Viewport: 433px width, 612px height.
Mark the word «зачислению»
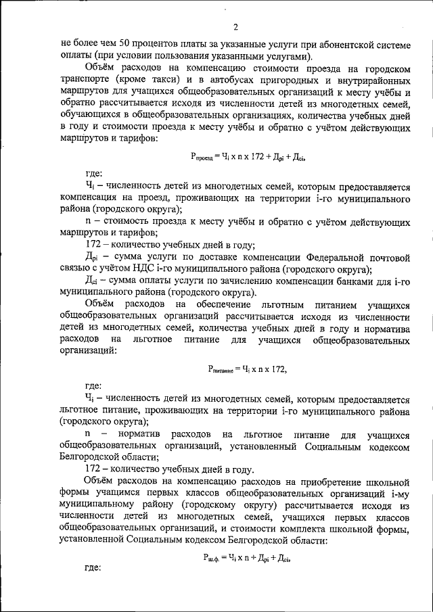point(242,281)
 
